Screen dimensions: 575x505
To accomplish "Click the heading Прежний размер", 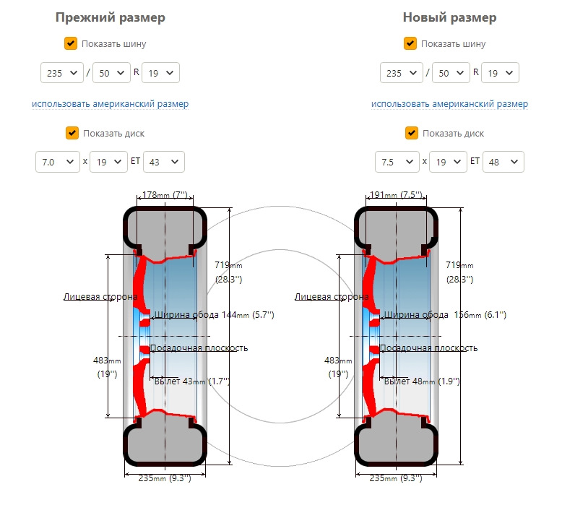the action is (110, 17).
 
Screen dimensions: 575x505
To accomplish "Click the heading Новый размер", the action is (449, 17).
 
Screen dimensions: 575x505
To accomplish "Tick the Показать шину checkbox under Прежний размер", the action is (71, 43).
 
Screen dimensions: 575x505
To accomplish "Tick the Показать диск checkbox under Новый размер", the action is (412, 133).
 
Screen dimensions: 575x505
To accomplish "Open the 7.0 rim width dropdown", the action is (58, 162).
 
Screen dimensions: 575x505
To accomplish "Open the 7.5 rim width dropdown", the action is (397, 162).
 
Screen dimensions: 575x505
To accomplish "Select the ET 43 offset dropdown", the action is (164, 162).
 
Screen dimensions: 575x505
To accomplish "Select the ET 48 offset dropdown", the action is (503, 162).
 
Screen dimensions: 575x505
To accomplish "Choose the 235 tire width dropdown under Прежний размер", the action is (62, 73).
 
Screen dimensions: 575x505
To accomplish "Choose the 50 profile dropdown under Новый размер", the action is (451, 73).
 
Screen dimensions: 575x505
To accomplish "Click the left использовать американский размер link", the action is (110, 104).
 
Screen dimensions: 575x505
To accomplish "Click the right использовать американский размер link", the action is (449, 104).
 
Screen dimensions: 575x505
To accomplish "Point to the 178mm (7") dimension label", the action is (165, 195).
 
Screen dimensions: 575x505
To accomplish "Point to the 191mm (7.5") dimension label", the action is (396, 195).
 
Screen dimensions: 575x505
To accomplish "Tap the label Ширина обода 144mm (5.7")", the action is (214, 315).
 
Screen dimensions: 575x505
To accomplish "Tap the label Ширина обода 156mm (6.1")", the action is (445, 315).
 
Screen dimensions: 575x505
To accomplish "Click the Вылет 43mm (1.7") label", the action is (192, 381).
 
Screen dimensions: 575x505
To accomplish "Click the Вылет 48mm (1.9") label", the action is (422, 381).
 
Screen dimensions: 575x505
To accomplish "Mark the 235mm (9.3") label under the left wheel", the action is (165, 478).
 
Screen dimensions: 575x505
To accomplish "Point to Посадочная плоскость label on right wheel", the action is (428, 348).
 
